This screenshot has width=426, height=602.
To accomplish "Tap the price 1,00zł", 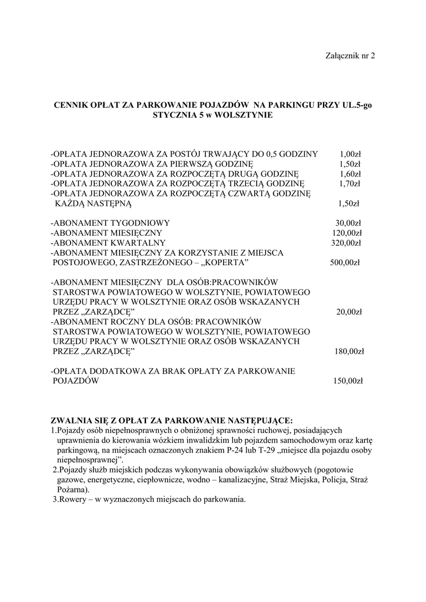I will (x=350, y=154).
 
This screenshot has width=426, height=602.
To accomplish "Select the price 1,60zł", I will (x=350, y=174).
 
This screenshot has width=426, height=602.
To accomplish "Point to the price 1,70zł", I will (x=350, y=184).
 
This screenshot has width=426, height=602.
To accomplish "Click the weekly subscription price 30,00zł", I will (x=348, y=223).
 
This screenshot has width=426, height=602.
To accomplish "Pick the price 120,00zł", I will (x=347, y=233).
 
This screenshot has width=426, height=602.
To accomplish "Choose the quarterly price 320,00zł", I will (x=347, y=243).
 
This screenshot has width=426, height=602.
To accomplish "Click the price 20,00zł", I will (x=349, y=312).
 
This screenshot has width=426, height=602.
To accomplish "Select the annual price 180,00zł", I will (x=348, y=352).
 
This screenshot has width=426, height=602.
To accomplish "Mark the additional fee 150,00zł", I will (x=348, y=382).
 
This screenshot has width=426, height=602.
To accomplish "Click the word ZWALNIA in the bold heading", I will (x=72, y=420).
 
